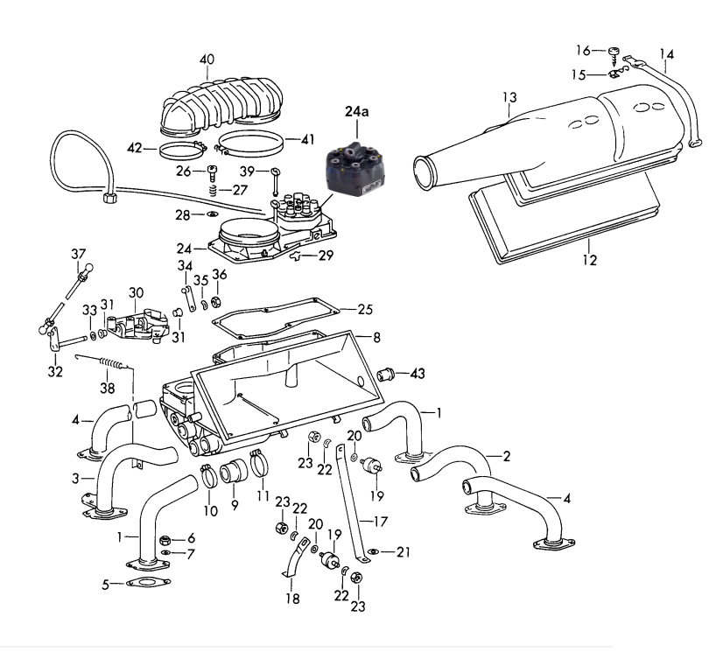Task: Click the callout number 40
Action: pos(207,60)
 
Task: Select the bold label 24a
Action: pos(358,113)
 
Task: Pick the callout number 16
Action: pos(583,49)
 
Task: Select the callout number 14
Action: pos(668,54)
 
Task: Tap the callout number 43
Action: pos(417,374)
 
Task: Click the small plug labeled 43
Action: pos(384,375)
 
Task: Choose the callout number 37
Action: pos(79,254)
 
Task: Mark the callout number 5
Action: pos(106,585)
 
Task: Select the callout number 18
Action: pos(291,599)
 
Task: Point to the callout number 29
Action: pos(326,255)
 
